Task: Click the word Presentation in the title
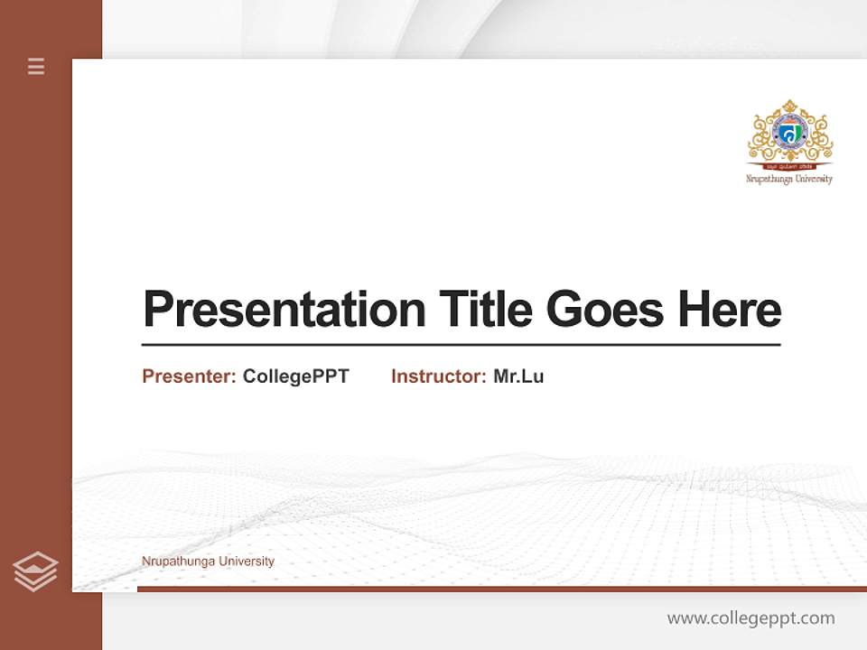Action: [x=284, y=310]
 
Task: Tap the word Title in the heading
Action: [x=486, y=310]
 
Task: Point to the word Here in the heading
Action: [x=730, y=310]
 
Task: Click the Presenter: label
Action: [x=189, y=376]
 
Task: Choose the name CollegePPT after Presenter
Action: [x=295, y=376]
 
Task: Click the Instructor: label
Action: [x=438, y=376]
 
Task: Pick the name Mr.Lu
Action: [x=518, y=376]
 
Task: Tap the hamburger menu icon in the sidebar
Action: [x=36, y=66]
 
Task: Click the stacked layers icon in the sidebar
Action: [x=35, y=571]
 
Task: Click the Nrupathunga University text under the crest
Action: [x=789, y=179]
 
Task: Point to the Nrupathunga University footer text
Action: [x=208, y=562]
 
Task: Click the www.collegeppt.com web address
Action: [x=750, y=618]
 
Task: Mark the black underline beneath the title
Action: [x=461, y=345]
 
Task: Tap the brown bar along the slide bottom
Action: [x=501, y=589]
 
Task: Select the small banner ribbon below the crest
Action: [x=789, y=166]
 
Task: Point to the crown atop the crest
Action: [x=789, y=107]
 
